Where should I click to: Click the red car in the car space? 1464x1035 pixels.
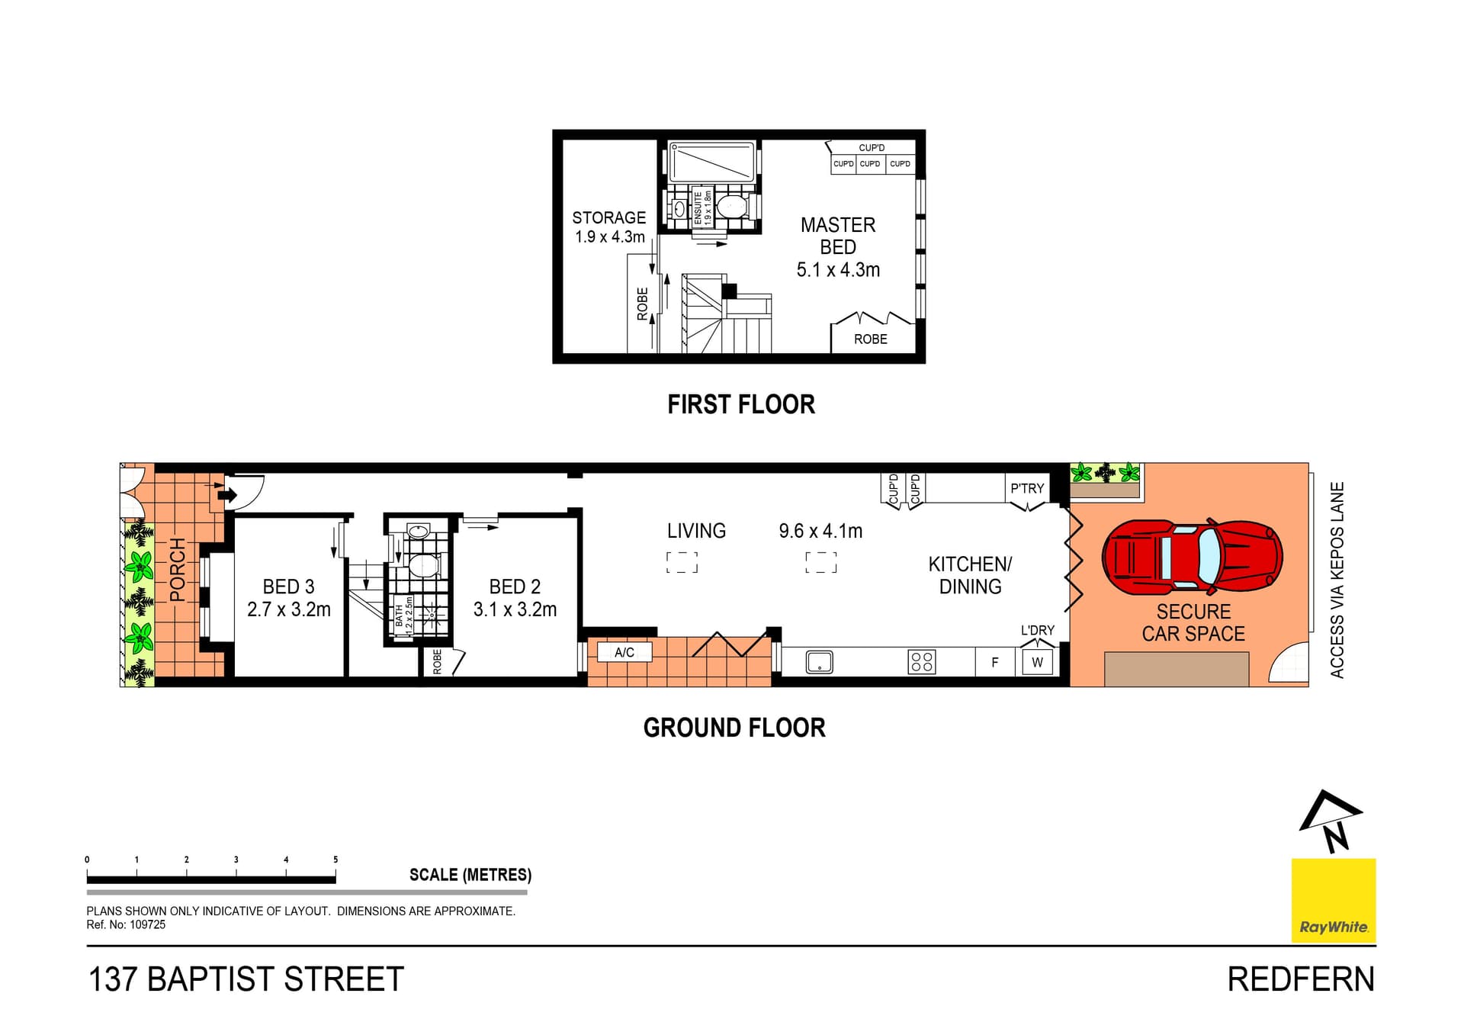(1192, 557)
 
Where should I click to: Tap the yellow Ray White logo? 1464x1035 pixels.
(1333, 901)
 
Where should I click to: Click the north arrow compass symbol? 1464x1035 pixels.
(1330, 821)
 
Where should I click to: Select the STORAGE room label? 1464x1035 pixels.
(608, 217)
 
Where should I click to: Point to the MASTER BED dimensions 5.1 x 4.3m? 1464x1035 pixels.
(838, 270)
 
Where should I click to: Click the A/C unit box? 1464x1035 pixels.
(624, 652)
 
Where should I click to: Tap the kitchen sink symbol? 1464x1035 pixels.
(819, 662)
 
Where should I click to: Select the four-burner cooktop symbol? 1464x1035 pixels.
(921, 661)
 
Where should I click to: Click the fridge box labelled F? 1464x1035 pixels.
(994, 662)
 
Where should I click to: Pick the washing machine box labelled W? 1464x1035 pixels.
(1037, 662)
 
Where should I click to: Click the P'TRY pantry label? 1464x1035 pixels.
(1026, 488)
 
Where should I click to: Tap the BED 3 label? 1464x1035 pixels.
(288, 587)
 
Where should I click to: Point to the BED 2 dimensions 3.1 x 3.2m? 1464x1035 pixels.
(515, 609)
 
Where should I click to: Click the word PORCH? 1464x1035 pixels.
(177, 569)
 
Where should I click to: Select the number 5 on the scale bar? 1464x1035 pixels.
(335, 860)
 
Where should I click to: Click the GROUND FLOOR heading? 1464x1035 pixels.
(734, 728)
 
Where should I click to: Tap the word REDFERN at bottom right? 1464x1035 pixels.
(1300, 979)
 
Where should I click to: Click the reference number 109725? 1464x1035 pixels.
(147, 924)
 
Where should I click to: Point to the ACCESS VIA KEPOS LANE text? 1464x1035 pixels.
(1337, 580)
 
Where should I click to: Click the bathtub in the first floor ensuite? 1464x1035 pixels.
(711, 162)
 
